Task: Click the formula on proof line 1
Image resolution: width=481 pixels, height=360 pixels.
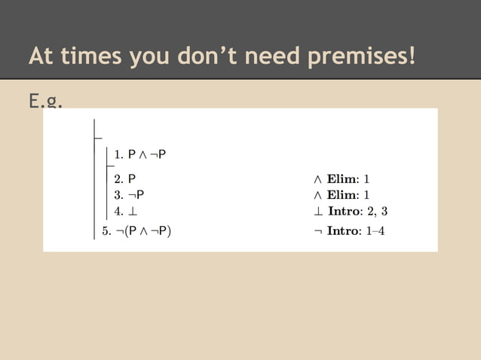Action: pyautogui.click(x=147, y=154)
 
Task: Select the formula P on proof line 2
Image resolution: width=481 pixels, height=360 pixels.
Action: pyautogui.click(x=132, y=179)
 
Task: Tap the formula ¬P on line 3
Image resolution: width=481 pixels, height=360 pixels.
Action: pyautogui.click(x=136, y=195)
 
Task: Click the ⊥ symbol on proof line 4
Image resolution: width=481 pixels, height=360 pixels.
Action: pyautogui.click(x=132, y=211)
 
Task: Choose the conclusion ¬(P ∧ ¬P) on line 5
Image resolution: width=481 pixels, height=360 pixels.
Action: pyautogui.click(x=144, y=230)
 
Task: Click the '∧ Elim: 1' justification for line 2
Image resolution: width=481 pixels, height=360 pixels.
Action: pyautogui.click(x=341, y=179)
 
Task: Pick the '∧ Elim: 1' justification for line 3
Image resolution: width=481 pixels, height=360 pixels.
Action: pyautogui.click(x=341, y=195)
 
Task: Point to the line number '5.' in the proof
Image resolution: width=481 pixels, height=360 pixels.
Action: pyautogui.click(x=106, y=230)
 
